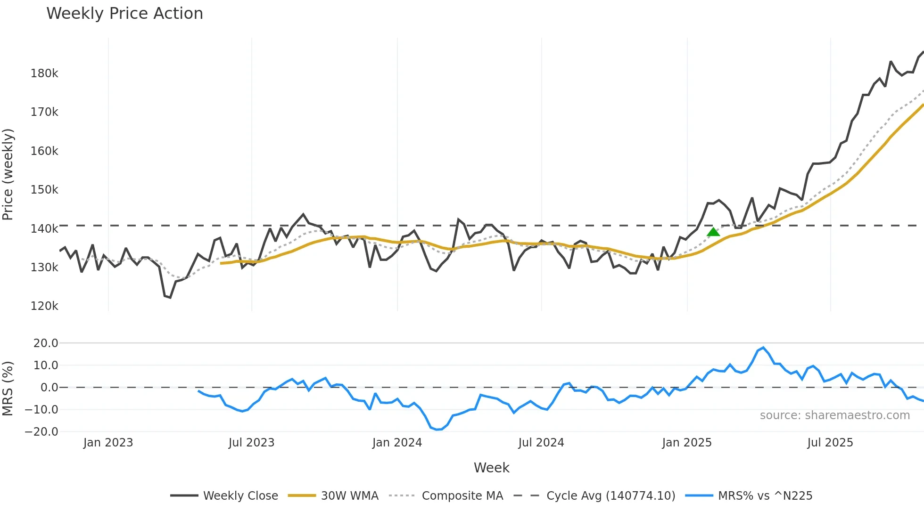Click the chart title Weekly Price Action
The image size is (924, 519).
pos(124,14)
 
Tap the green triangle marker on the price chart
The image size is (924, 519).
pos(713,232)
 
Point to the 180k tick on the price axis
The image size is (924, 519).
pos(44,73)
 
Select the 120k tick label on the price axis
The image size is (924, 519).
pos(44,306)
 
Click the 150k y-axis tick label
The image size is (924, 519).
pos(44,190)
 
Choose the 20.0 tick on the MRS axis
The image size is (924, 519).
pos(46,343)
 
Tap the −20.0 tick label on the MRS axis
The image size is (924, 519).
pos(41,432)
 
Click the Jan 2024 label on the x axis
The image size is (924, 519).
pos(397,443)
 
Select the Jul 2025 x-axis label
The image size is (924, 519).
pos(830,443)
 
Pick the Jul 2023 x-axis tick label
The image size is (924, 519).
pos(251,443)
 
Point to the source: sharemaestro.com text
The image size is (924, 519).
pos(834,415)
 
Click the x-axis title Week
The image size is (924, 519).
pos(491,468)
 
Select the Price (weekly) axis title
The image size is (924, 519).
pos(8,174)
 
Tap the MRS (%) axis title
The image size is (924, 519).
pos(8,389)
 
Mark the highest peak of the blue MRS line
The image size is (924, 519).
pos(763,348)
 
